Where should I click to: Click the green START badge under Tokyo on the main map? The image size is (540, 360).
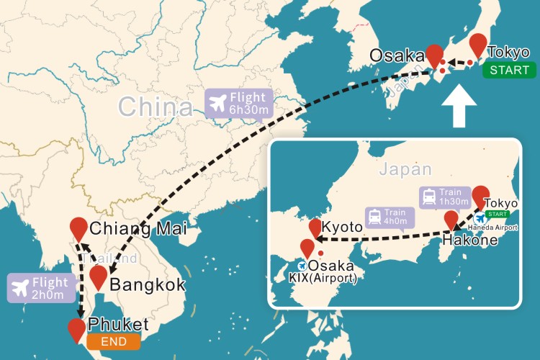(510, 70)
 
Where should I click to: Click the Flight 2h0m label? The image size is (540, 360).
(41, 287)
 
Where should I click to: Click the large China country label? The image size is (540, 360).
(156, 108)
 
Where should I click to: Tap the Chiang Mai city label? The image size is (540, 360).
(138, 230)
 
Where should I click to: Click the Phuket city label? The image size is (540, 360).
(120, 324)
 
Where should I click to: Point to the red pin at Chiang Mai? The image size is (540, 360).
(79, 228)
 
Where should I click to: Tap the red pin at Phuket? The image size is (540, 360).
(76, 329)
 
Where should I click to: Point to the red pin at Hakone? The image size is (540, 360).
(451, 220)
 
